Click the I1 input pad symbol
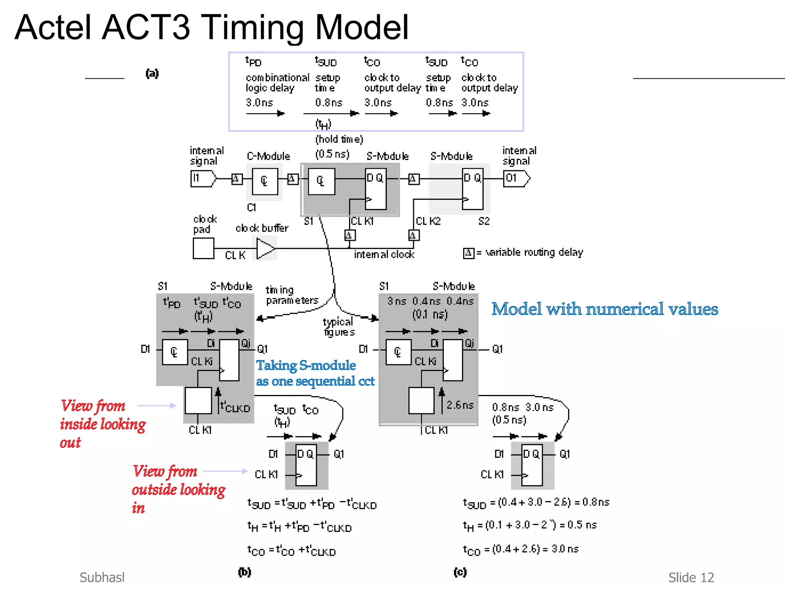(x=203, y=179)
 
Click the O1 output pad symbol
(x=516, y=179)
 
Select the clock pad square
(x=204, y=248)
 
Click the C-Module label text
(x=268, y=156)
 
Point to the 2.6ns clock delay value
(x=460, y=405)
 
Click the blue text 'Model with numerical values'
(x=604, y=309)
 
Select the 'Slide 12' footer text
(x=691, y=577)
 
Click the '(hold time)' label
(x=339, y=139)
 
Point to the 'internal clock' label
(x=384, y=255)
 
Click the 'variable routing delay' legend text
(x=534, y=252)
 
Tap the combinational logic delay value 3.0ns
(x=259, y=103)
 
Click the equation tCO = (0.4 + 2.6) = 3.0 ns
(x=521, y=550)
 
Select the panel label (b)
(x=245, y=572)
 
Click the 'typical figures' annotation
(x=339, y=327)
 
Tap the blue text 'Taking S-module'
(x=306, y=365)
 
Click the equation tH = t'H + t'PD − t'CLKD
(x=299, y=527)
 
